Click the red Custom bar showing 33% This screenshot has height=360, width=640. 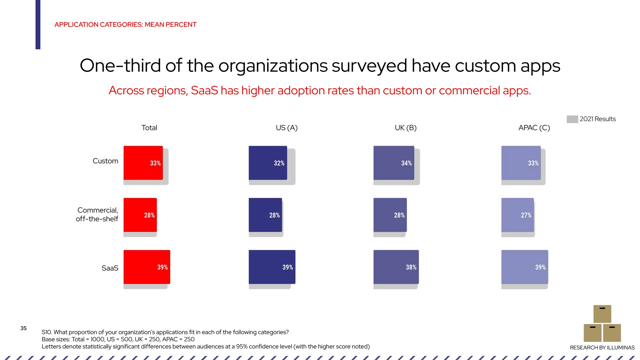pyautogui.click(x=143, y=163)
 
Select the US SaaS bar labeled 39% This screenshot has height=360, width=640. pyautogui.click(x=272, y=267)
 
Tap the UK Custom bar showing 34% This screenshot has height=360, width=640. pyautogui.click(x=393, y=163)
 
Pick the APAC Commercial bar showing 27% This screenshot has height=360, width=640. pyautogui.click(x=517, y=215)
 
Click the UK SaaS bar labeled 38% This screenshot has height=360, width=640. pyautogui.click(x=396, y=267)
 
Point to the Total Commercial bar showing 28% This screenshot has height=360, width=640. pyautogui.click(x=140, y=215)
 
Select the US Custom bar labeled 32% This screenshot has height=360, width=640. pyautogui.click(x=267, y=163)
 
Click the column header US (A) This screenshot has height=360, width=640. pyautogui.click(x=287, y=128)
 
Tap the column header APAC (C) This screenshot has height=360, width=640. pyautogui.click(x=534, y=128)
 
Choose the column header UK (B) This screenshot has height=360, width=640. pyautogui.click(x=406, y=128)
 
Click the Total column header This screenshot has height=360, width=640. pyautogui.click(x=149, y=128)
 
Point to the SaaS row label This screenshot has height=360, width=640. pyautogui.click(x=110, y=268)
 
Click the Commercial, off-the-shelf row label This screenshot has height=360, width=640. pyautogui.click(x=97, y=214)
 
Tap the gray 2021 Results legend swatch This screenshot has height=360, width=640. pyautogui.click(x=572, y=119)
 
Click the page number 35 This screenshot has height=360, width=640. pyautogui.click(x=23, y=328)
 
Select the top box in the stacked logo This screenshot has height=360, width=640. pyautogui.click(x=602, y=314)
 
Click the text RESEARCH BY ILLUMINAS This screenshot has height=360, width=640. pyautogui.click(x=602, y=347)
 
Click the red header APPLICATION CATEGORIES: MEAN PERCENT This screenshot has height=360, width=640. pyautogui.click(x=125, y=25)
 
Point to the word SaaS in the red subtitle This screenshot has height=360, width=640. pyautogui.click(x=204, y=91)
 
